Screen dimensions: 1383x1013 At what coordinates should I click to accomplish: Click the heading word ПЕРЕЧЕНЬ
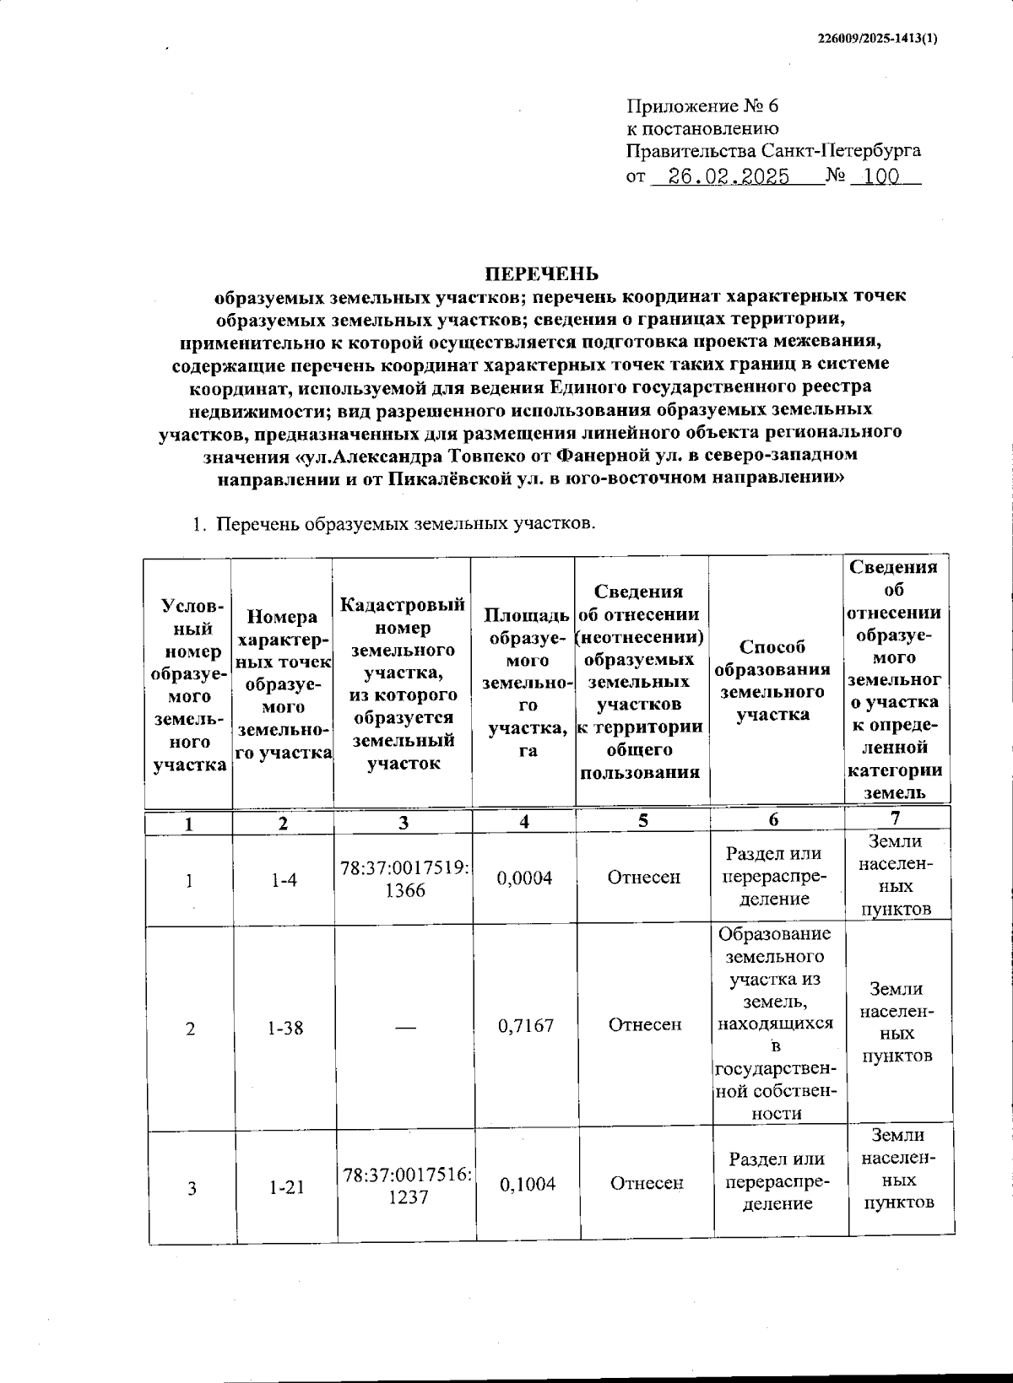click(541, 273)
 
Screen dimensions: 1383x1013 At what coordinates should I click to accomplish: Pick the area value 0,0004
click(524, 878)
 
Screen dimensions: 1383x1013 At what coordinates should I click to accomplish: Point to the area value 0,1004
click(527, 1184)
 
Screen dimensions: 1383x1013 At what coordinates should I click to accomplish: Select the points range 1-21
click(286, 1187)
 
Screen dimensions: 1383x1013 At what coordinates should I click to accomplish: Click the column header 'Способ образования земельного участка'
click(772, 680)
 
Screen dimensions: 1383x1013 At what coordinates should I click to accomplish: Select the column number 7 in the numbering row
click(895, 818)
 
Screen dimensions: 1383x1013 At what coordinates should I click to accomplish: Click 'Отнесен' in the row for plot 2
click(645, 1024)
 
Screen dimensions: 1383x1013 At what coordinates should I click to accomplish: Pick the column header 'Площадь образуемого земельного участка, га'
click(524, 681)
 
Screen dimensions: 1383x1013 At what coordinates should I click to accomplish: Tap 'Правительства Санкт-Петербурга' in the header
click(772, 152)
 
